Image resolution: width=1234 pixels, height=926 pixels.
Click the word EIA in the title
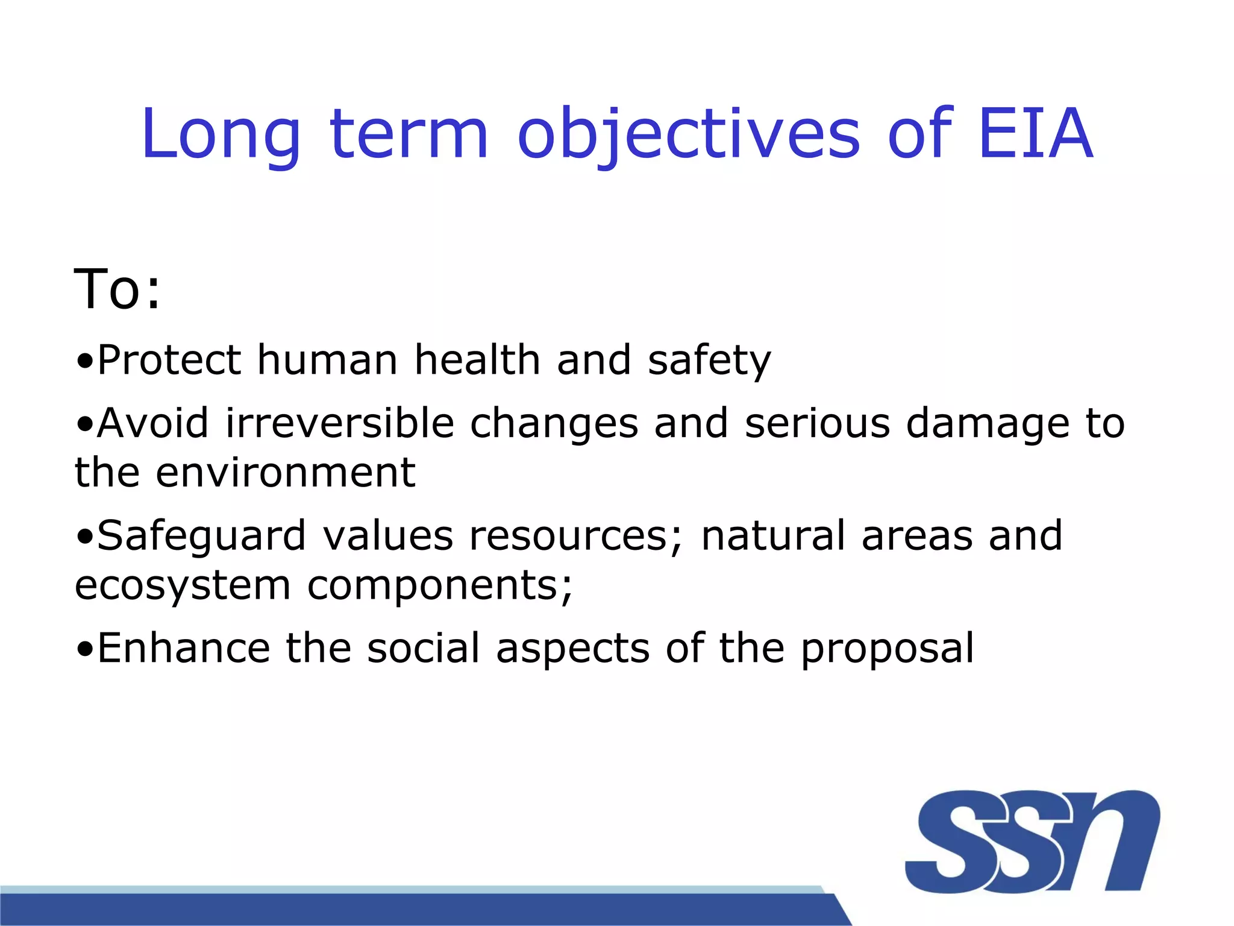[1035, 134]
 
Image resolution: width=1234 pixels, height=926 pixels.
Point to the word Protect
[169, 360]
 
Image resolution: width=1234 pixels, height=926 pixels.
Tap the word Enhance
[184, 648]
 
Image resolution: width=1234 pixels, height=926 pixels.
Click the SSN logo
[1032, 840]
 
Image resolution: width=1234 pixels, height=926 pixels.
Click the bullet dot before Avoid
[85, 424]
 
